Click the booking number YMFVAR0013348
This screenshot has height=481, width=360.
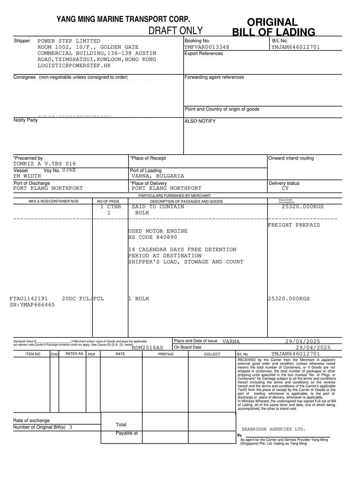(207, 47)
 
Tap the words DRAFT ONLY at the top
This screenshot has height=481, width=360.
(176, 31)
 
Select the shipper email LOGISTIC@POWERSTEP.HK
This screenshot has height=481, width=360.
(74, 65)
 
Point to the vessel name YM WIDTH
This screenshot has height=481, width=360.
(27, 176)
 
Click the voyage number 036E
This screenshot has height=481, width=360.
(69, 170)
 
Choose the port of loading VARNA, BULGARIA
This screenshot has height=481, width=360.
(158, 176)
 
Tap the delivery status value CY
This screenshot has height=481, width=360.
(285, 188)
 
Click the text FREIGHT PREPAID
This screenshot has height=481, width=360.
(294, 225)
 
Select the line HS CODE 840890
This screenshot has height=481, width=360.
(153, 237)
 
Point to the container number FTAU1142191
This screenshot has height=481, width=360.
(28, 299)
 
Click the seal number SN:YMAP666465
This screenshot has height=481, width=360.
(32, 305)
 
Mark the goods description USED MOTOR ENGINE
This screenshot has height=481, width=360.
(158, 231)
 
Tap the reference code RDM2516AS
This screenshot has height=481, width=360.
(147, 348)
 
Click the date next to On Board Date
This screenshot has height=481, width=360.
(313, 348)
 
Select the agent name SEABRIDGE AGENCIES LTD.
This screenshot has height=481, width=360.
(274, 429)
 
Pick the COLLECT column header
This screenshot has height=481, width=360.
(212, 354)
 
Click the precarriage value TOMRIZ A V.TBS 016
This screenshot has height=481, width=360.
(45, 164)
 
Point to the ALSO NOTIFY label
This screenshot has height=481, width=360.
(200, 121)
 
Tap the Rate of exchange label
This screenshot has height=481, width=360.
(31, 421)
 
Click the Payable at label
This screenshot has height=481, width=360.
(127, 433)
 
